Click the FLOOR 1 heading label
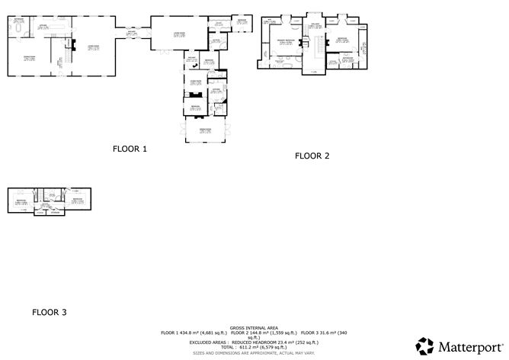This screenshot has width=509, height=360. coord(129,149)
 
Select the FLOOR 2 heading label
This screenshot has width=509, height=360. coord(312,156)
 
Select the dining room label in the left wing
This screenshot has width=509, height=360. coord(30,58)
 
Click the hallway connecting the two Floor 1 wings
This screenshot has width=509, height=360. coord(132,33)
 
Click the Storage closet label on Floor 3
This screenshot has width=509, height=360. coord(54,212)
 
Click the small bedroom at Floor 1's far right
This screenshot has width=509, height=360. coord(242,22)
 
